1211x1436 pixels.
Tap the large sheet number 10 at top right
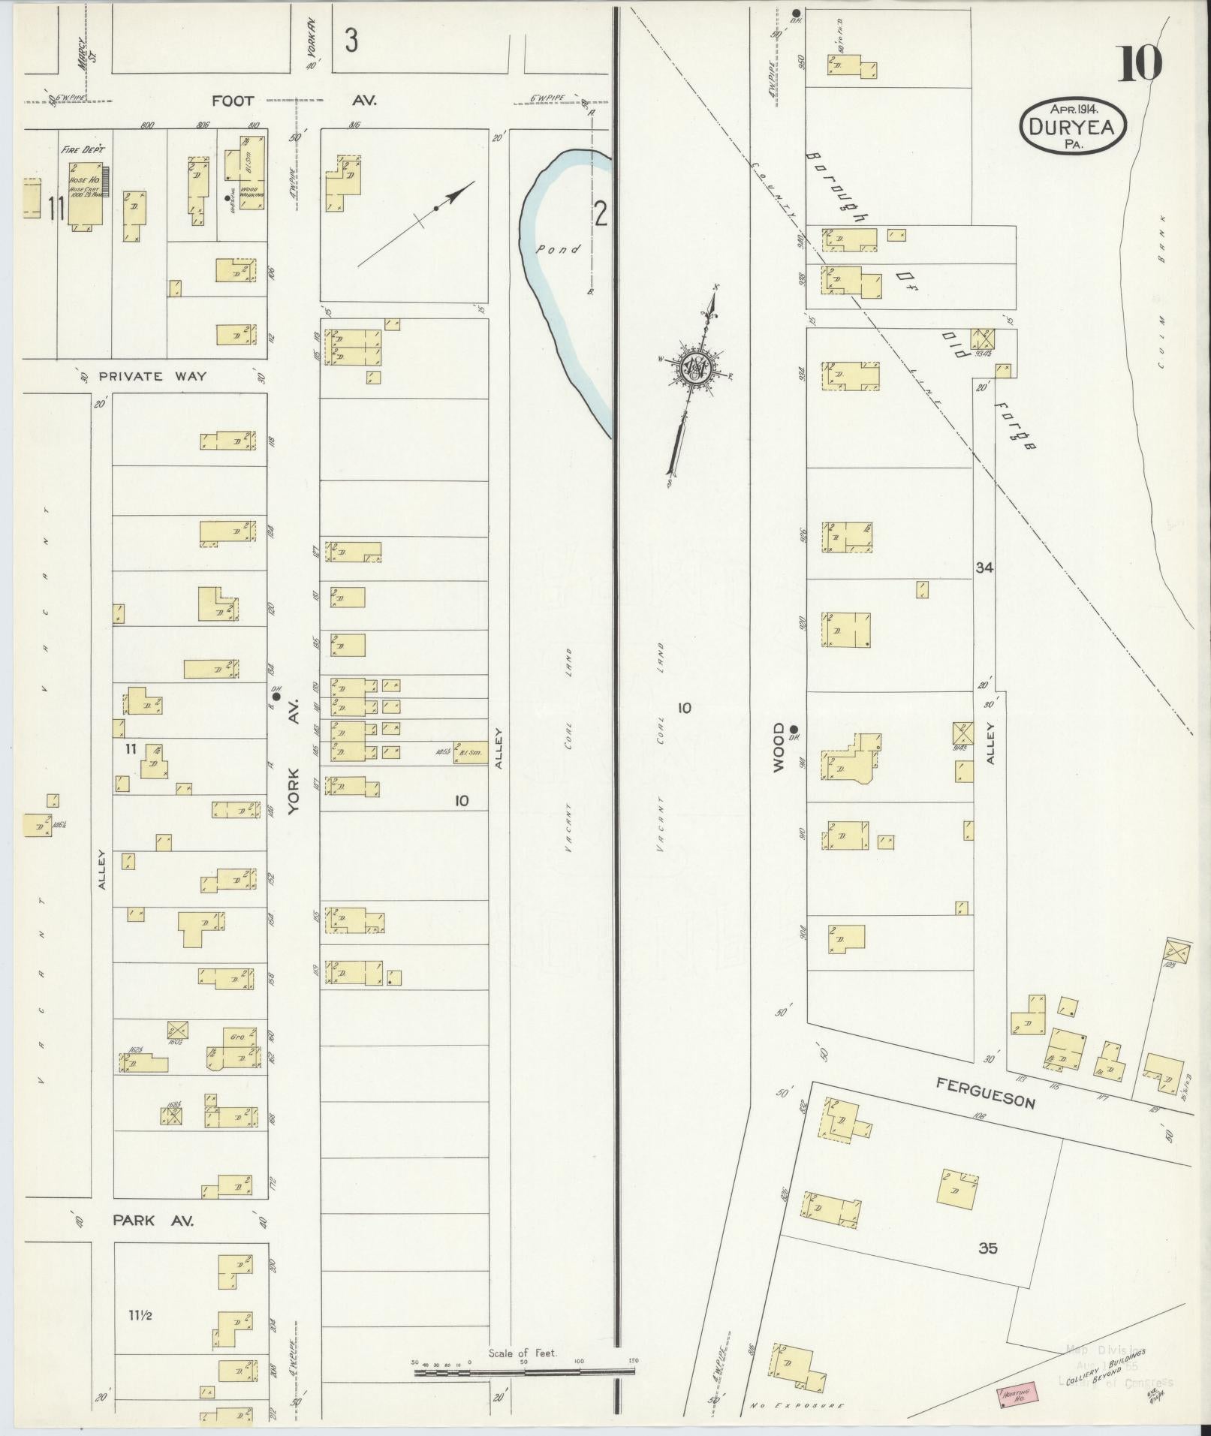[x=1139, y=64]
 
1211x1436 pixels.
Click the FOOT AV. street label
[x=293, y=100]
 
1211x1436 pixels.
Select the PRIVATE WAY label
[x=154, y=376]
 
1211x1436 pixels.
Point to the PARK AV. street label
[x=153, y=1221]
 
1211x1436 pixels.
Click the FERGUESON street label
[x=985, y=1092]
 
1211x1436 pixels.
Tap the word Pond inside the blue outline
[x=558, y=248]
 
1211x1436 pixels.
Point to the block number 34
[x=984, y=568]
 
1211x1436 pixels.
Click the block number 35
[x=988, y=1248]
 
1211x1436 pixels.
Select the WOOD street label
[x=779, y=746]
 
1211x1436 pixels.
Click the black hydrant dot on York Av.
[x=276, y=697]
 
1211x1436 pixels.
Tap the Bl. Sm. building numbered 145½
[x=470, y=753]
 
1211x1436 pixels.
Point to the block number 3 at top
[x=351, y=40]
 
